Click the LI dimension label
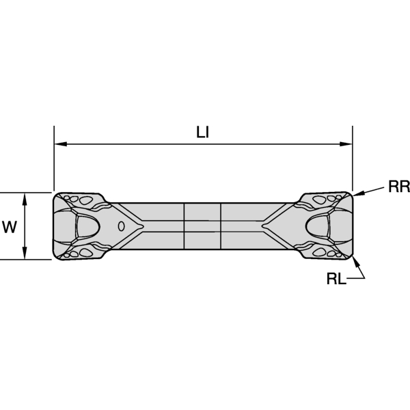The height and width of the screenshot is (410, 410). pos(202,133)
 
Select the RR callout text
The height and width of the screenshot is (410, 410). pos(398,187)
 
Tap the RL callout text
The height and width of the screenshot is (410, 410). pos(336,279)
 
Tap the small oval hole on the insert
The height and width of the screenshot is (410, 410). pos(121,225)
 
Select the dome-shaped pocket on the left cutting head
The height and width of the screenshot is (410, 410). pos(87,225)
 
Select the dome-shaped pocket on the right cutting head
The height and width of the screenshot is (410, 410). pos(319,225)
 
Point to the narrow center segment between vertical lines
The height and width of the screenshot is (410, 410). pos(203,225)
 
